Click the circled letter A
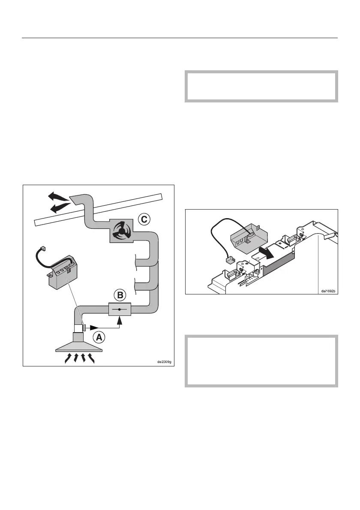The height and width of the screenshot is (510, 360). click(x=99, y=337)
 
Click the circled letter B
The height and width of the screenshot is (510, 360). click(x=120, y=295)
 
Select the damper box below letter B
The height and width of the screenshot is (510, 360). click(x=120, y=309)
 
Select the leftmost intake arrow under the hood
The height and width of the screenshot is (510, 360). click(x=68, y=358)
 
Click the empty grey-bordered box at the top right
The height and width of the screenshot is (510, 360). click(x=261, y=86)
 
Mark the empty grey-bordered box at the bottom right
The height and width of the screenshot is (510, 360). click(x=261, y=361)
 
